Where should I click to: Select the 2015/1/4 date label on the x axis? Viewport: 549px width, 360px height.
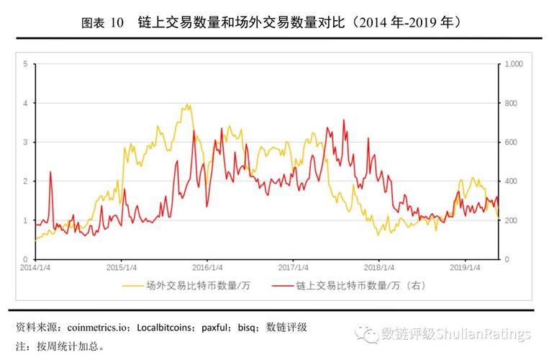tap(121, 267)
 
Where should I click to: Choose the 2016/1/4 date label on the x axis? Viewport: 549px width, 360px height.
tap(207, 267)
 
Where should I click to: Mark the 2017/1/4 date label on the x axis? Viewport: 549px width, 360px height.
tap(293, 267)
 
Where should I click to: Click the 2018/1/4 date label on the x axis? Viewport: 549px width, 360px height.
tap(378, 267)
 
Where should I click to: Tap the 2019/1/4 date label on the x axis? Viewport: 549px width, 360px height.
tap(465, 267)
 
